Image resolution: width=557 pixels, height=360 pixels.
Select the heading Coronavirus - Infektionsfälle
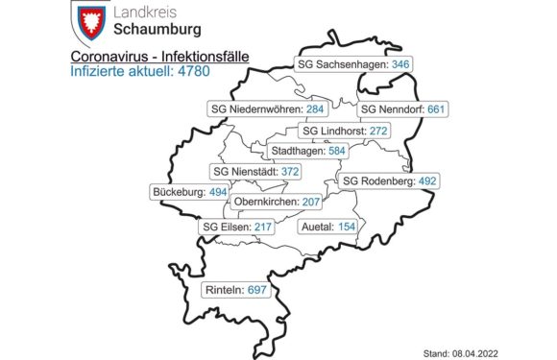[159, 58]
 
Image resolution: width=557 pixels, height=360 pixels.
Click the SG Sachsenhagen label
[341, 64]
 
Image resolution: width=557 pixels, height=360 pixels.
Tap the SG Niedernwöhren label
[255, 108]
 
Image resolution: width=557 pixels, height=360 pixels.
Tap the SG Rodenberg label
[390, 180]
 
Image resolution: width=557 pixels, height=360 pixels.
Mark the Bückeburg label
[189, 192]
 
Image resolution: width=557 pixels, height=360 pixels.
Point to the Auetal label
[328, 227]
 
